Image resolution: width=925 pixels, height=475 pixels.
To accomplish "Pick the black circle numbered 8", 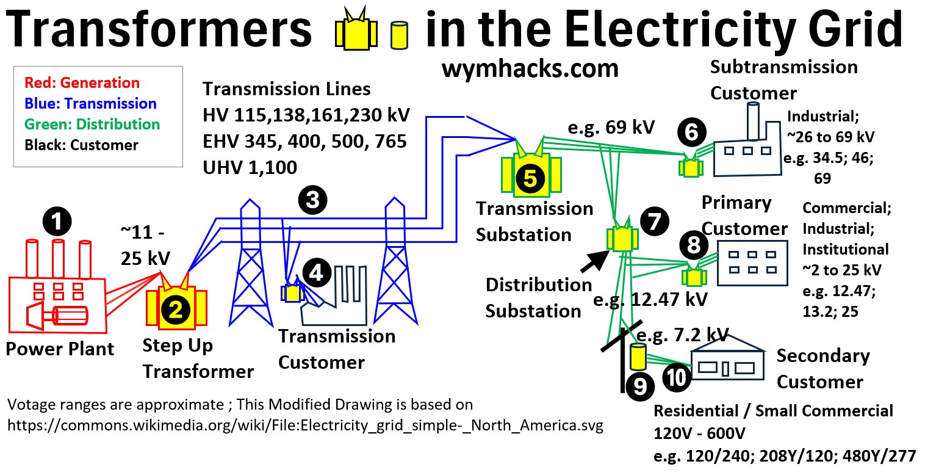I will click(693, 245).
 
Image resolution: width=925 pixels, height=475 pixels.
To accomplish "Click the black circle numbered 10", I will click(676, 378).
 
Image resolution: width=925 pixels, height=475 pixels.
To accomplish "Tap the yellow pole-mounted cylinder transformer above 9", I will click(638, 357).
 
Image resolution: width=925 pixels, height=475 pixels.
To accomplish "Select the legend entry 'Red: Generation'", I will click(82, 82).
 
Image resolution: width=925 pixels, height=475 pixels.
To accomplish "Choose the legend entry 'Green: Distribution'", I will click(92, 124).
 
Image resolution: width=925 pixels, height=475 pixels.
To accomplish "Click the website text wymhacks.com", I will click(530, 68).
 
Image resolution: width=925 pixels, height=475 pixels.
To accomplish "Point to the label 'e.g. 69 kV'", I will click(611, 128).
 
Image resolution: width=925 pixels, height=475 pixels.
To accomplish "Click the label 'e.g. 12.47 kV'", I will click(651, 299).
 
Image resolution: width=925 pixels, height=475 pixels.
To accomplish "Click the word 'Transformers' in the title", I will click(159, 31).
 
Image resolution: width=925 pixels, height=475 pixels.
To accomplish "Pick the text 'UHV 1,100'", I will click(250, 167).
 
